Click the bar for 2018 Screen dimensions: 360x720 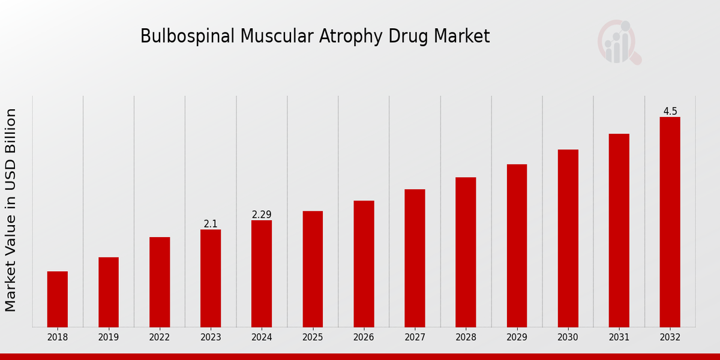click(58, 299)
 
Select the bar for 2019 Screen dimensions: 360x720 click(109, 292)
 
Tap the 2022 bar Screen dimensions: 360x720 click(160, 282)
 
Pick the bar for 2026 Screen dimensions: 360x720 click(364, 263)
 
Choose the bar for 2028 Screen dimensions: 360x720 click(466, 252)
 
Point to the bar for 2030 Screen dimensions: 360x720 click(568, 238)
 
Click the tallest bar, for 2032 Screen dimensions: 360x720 click(670, 222)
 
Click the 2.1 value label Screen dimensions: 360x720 click(211, 224)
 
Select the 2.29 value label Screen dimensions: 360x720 click(262, 215)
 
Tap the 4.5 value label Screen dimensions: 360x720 click(670, 112)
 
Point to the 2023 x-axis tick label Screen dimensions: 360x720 click(211, 338)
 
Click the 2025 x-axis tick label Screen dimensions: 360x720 click(313, 338)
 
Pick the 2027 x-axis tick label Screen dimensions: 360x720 click(415, 338)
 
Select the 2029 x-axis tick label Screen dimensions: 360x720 click(517, 338)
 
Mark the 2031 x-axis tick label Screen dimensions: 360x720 click(619, 338)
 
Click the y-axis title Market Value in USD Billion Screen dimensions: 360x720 click(11, 210)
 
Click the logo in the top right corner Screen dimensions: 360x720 click(619, 42)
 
